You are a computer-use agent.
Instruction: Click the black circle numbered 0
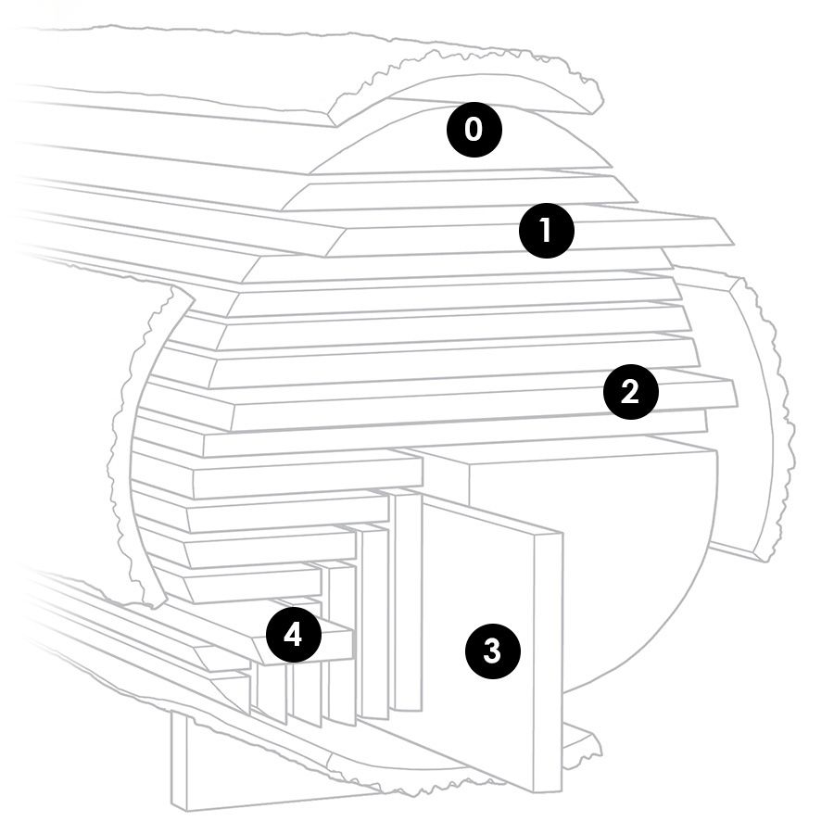pyautogui.click(x=474, y=130)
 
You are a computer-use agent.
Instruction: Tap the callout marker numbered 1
pyautogui.click(x=546, y=231)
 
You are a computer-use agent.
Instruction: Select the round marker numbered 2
pyautogui.click(x=630, y=391)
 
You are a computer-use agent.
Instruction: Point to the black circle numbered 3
pyautogui.click(x=493, y=651)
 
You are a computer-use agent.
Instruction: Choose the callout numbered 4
pyautogui.click(x=293, y=635)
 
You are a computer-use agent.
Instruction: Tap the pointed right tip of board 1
pyautogui.click(x=733, y=244)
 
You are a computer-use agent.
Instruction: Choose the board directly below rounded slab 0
pyautogui.click(x=460, y=193)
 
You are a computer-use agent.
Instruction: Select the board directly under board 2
pyautogui.click(x=455, y=439)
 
